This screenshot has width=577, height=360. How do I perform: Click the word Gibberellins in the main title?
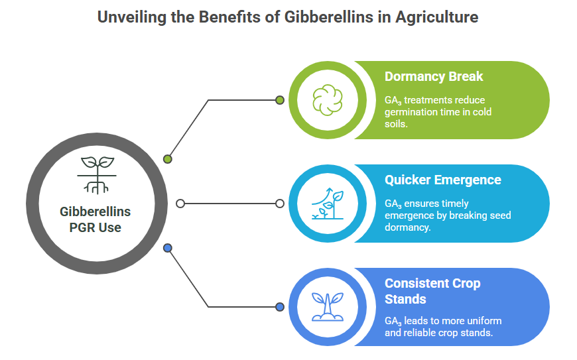328,17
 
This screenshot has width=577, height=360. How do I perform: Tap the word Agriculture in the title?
437,18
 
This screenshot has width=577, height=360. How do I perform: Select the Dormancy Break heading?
434,76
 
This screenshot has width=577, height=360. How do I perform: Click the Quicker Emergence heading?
442,180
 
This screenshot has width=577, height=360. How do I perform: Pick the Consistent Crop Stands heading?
432,291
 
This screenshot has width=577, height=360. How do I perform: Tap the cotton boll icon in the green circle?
327,100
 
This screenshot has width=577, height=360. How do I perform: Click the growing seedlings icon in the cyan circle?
328,204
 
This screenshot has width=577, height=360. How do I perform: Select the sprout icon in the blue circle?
328,307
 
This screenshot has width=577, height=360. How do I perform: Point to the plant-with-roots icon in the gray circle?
97,176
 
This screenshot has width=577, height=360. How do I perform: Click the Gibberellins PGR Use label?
96,219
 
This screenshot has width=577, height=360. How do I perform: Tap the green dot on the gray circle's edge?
167,159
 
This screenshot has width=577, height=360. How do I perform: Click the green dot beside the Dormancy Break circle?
280,100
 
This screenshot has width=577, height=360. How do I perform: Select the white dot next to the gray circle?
180,204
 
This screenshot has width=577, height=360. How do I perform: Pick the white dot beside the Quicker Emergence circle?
280,204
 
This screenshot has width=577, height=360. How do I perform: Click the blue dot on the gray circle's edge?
167,248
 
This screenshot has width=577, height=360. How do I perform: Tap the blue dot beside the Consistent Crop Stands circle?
280,307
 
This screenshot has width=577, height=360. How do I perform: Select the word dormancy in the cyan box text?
407,227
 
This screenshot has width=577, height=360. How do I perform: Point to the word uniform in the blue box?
483,321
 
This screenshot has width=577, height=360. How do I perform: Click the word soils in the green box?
396,124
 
